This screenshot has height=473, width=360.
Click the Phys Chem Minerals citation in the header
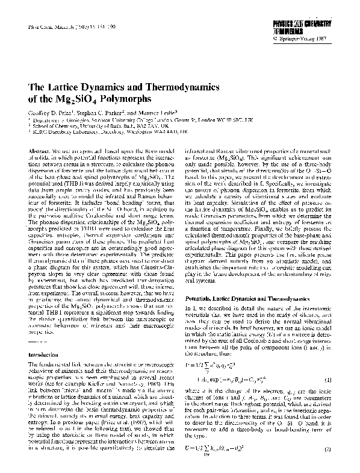(x=59, y=28)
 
